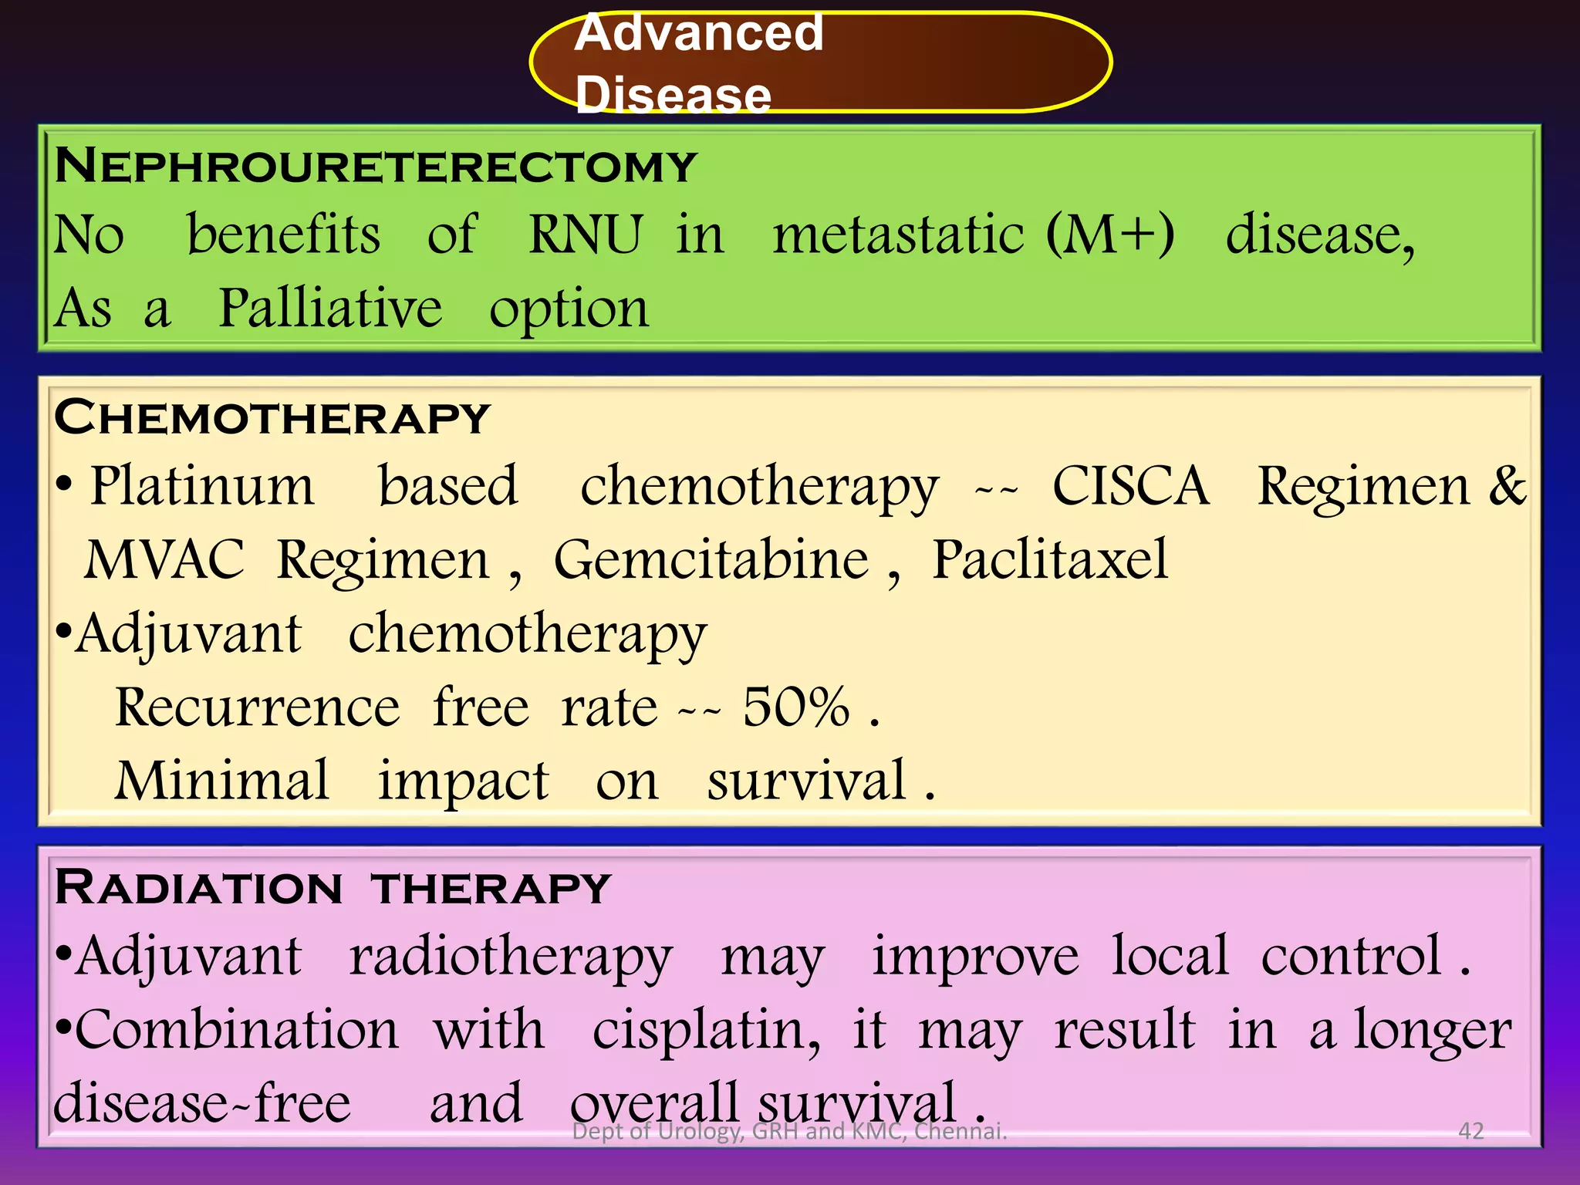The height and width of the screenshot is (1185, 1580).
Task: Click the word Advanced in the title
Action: point(699,34)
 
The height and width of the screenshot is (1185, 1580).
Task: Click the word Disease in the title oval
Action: point(673,96)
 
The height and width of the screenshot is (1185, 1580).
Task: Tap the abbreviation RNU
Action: point(585,235)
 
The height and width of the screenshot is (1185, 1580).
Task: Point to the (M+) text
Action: point(1110,235)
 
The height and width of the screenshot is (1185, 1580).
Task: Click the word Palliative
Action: point(330,309)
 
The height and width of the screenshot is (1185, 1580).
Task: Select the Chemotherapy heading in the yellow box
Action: point(272,418)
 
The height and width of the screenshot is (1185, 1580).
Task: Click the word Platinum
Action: point(202,486)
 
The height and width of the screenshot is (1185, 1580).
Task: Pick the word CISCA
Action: point(1131,486)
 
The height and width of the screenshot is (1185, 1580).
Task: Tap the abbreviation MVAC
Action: point(164,560)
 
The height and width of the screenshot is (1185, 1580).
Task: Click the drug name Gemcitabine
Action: point(711,560)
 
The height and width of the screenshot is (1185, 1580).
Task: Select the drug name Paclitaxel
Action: point(1050,560)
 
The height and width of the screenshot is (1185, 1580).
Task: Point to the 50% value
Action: point(795,707)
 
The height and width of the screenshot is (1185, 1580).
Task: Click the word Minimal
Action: point(222,780)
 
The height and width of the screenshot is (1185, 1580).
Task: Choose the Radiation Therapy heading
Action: point(333,888)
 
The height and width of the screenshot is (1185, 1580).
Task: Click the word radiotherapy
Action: point(511,957)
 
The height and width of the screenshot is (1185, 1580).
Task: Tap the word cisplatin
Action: point(706,1030)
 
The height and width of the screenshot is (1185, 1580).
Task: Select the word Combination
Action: point(237,1030)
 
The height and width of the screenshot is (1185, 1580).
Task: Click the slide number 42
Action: point(1471,1131)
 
